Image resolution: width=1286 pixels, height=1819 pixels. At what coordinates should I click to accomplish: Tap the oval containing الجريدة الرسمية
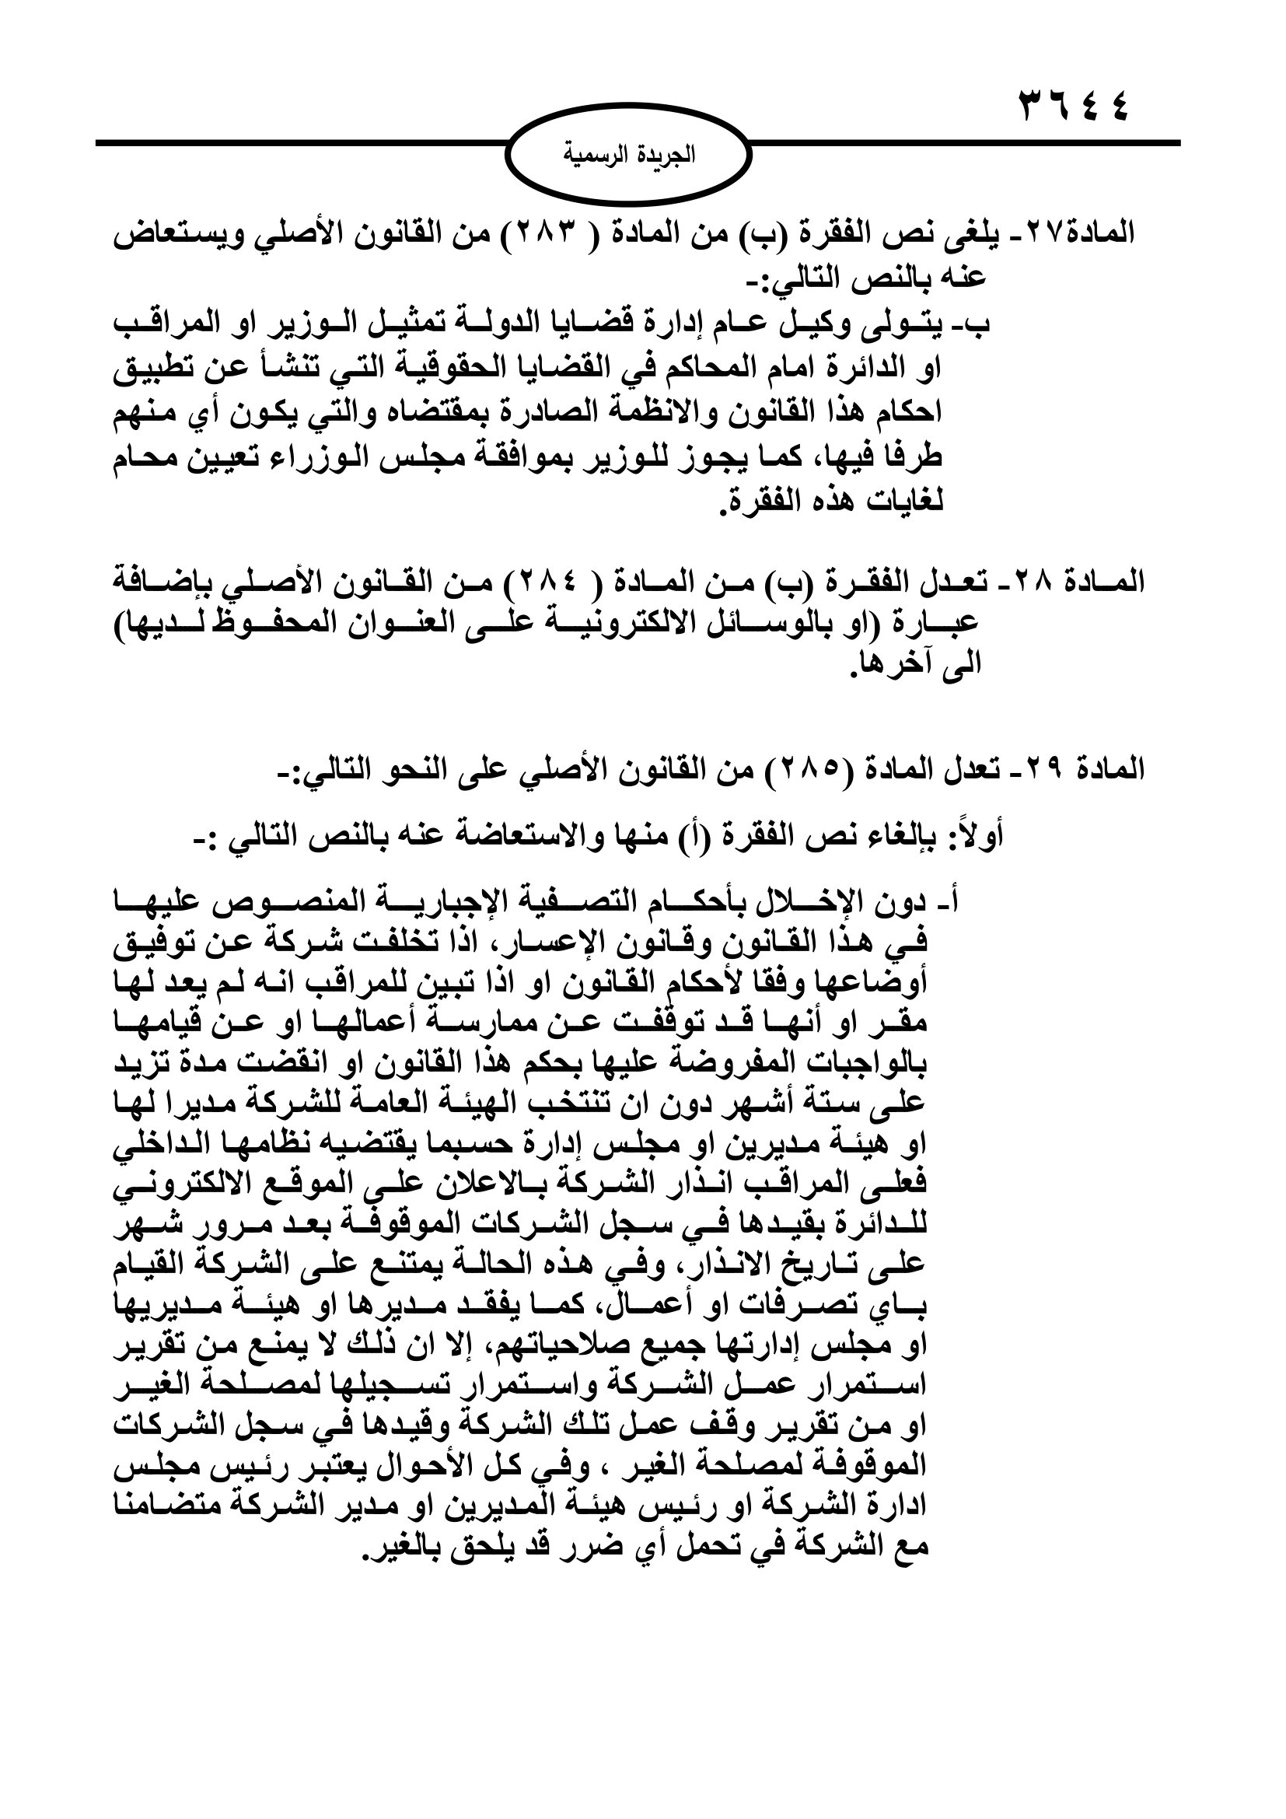(629, 156)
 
